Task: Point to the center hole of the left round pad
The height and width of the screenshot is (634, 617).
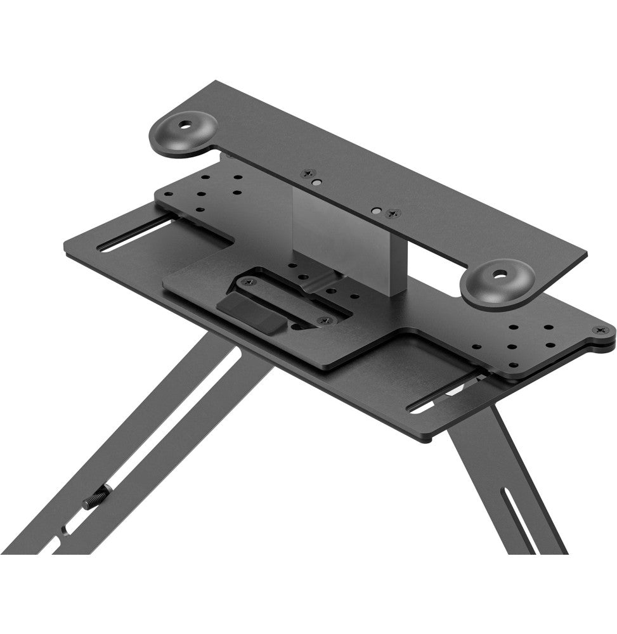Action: click(188, 124)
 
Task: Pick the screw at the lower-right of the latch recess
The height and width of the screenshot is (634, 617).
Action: click(325, 320)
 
